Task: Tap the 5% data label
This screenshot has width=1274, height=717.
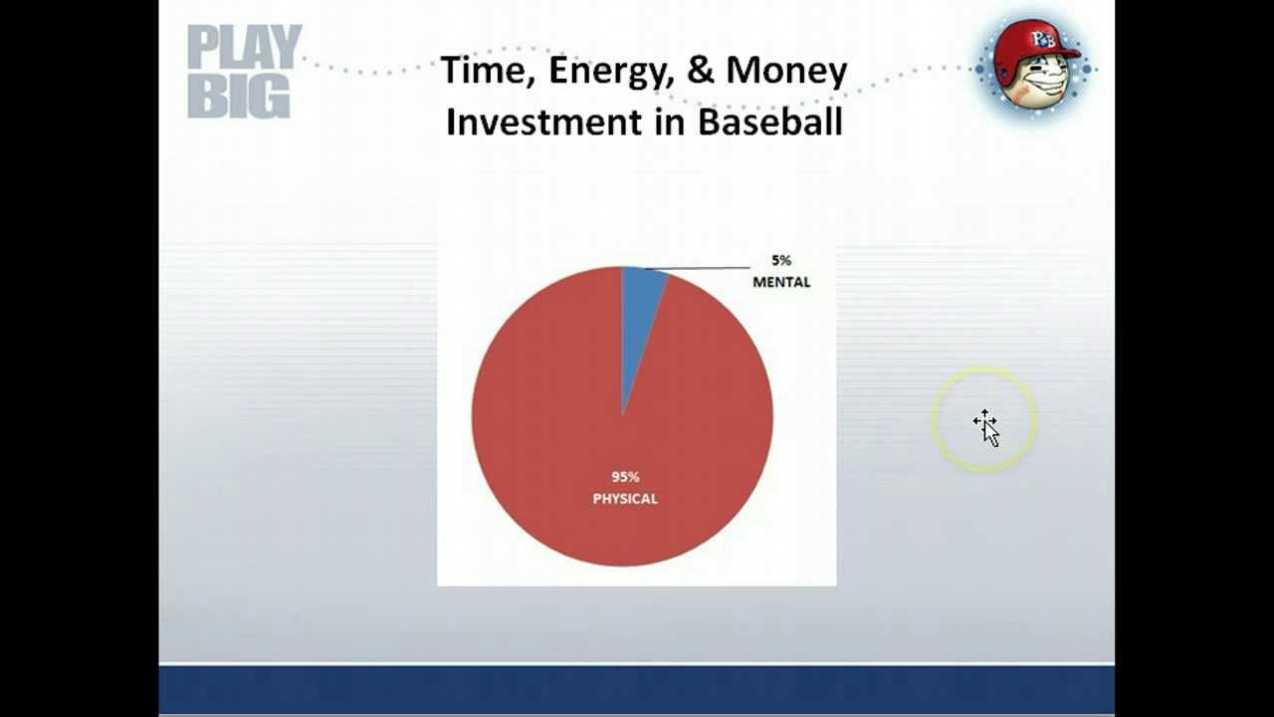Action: pyautogui.click(x=781, y=261)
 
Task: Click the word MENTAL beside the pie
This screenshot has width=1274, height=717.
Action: pyautogui.click(x=781, y=282)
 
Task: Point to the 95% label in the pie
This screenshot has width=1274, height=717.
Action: pyautogui.click(x=625, y=477)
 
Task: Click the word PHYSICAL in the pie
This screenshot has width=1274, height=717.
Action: pyautogui.click(x=625, y=499)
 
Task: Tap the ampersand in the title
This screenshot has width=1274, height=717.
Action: pyautogui.click(x=700, y=70)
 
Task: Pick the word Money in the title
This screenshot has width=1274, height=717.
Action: pyautogui.click(x=786, y=72)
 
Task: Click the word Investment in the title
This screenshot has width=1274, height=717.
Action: pyautogui.click(x=543, y=121)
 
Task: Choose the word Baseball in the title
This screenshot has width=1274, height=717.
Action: pyautogui.click(x=770, y=121)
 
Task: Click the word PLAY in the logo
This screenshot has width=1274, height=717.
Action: pyautogui.click(x=245, y=46)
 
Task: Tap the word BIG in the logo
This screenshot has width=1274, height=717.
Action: pyautogui.click(x=239, y=97)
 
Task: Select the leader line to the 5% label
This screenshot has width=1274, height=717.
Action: pyautogui.click(x=698, y=268)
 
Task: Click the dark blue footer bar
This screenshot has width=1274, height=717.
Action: pyautogui.click(x=636, y=690)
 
